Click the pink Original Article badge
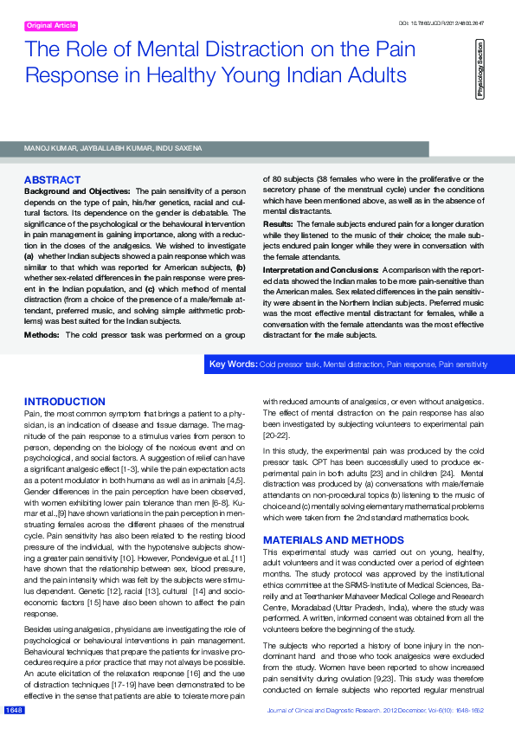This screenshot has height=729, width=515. (51, 26)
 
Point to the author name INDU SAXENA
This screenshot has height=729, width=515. (183, 149)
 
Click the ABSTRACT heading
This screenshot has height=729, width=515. (52, 180)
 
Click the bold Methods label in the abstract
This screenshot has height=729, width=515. (42, 334)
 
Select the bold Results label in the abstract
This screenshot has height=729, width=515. (278, 223)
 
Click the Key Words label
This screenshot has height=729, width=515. (233, 364)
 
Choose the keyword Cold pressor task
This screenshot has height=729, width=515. (289, 365)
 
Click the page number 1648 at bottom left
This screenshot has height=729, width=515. (13, 710)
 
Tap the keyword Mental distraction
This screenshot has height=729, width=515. (357, 365)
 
